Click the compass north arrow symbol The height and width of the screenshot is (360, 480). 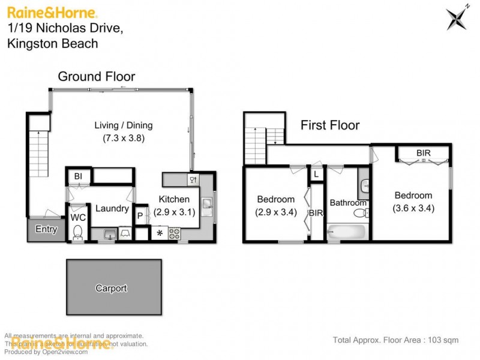[457, 17]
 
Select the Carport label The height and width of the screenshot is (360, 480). [111, 289]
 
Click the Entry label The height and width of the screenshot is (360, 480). [46, 229]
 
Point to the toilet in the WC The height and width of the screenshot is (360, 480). [77, 232]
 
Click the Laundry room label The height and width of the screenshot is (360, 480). [112, 209]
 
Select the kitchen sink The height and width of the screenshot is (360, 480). [206, 206]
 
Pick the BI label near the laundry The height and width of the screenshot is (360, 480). [78, 176]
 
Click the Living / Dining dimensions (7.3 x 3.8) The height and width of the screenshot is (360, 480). [123, 137]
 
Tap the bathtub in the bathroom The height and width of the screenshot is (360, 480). [346, 232]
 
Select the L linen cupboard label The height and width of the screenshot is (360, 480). [316, 174]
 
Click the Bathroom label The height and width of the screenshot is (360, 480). [347, 203]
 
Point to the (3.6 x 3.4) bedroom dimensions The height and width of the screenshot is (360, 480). [413, 208]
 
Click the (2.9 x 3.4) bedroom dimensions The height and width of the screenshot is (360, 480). [275, 212]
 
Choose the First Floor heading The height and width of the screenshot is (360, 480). [330, 125]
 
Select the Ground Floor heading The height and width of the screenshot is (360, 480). [96, 76]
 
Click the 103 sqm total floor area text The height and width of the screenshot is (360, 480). [443, 340]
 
